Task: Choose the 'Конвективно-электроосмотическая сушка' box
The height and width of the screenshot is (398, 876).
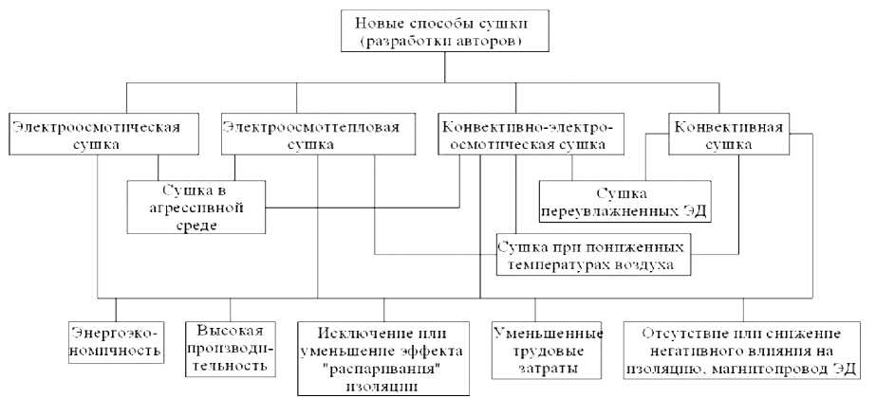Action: pyautogui.click(x=517, y=134)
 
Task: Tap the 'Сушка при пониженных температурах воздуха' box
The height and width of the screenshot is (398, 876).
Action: pyautogui.click(x=593, y=254)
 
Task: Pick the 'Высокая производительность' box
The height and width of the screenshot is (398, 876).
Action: pyautogui.click(x=230, y=347)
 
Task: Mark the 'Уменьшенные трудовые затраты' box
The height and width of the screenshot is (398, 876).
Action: pyautogui.click(x=549, y=347)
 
